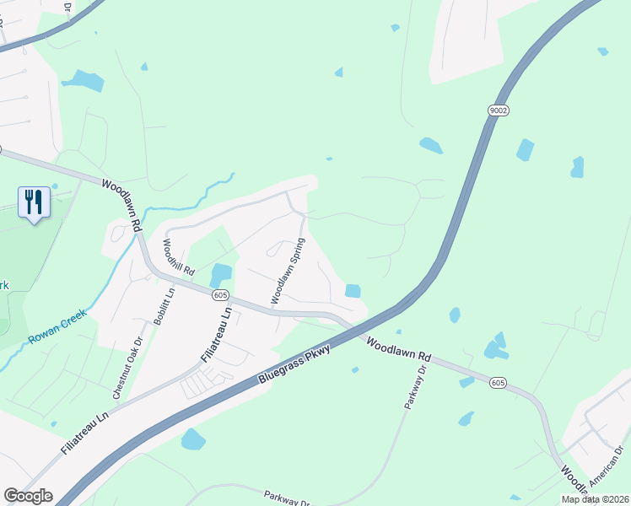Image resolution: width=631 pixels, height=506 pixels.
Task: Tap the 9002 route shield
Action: point(497,110)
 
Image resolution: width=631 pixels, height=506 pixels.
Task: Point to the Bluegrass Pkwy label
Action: point(296,370)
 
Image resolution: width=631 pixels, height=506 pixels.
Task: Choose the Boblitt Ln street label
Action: point(164,305)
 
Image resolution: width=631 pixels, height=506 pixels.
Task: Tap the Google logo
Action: point(28,496)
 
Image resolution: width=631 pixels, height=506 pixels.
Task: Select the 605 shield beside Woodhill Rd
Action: point(220,294)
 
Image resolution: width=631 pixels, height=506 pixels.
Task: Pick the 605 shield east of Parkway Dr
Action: point(499,383)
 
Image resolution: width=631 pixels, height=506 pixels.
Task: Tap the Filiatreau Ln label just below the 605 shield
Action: point(215,334)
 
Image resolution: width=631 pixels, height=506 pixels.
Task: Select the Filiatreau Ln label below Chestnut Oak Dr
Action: point(85,433)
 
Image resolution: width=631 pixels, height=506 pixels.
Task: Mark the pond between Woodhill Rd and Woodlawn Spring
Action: point(220,274)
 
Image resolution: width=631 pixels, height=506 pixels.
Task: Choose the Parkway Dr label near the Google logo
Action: point(288,498)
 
